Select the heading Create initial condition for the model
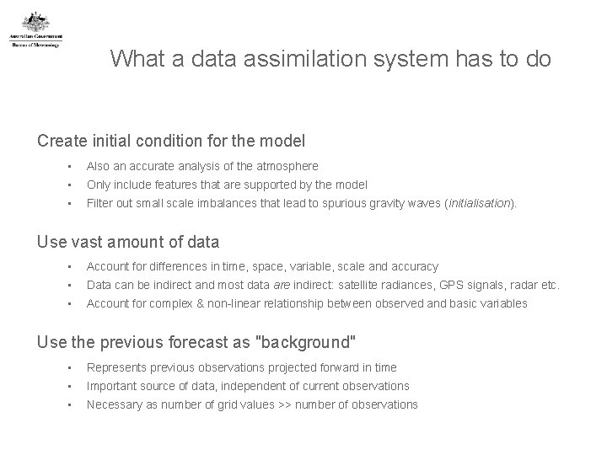171,140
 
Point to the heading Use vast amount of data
128,242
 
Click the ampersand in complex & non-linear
199,303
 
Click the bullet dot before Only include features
73,185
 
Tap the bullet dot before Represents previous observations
73,367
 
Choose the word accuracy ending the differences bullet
414,266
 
